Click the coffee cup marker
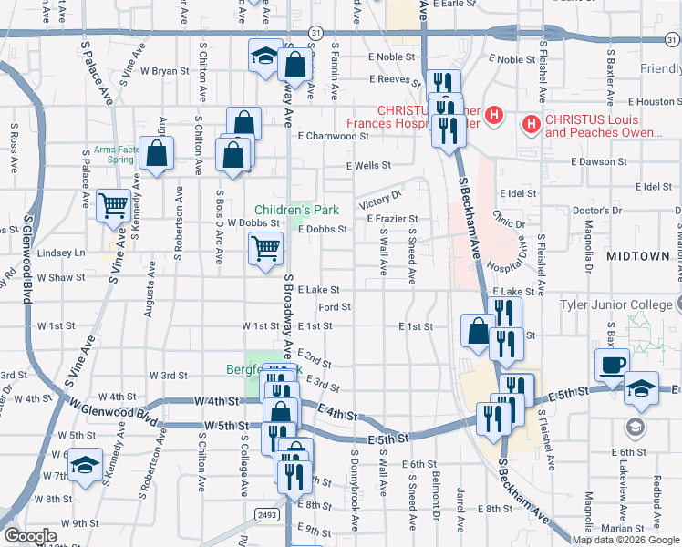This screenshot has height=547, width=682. [x=612, y=366]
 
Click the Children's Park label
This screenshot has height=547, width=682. [x=296, y=211]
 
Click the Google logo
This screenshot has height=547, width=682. [x=30, y=536]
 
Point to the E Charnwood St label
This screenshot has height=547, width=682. [x=333, y=137]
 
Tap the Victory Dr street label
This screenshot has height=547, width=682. [x=380, y=200]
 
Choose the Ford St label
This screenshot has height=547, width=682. [x=335, y=307]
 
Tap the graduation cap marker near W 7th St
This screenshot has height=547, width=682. [x=86, y=466]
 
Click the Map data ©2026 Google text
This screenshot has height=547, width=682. [x=625, y=540]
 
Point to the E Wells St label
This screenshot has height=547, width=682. [x=368, y=166]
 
